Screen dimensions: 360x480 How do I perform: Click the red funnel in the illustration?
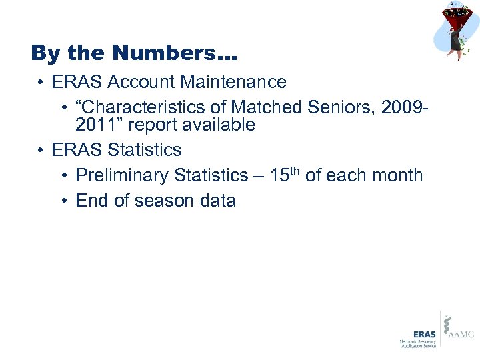coord(456,17)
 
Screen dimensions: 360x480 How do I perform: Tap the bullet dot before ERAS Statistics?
coord(42,150)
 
